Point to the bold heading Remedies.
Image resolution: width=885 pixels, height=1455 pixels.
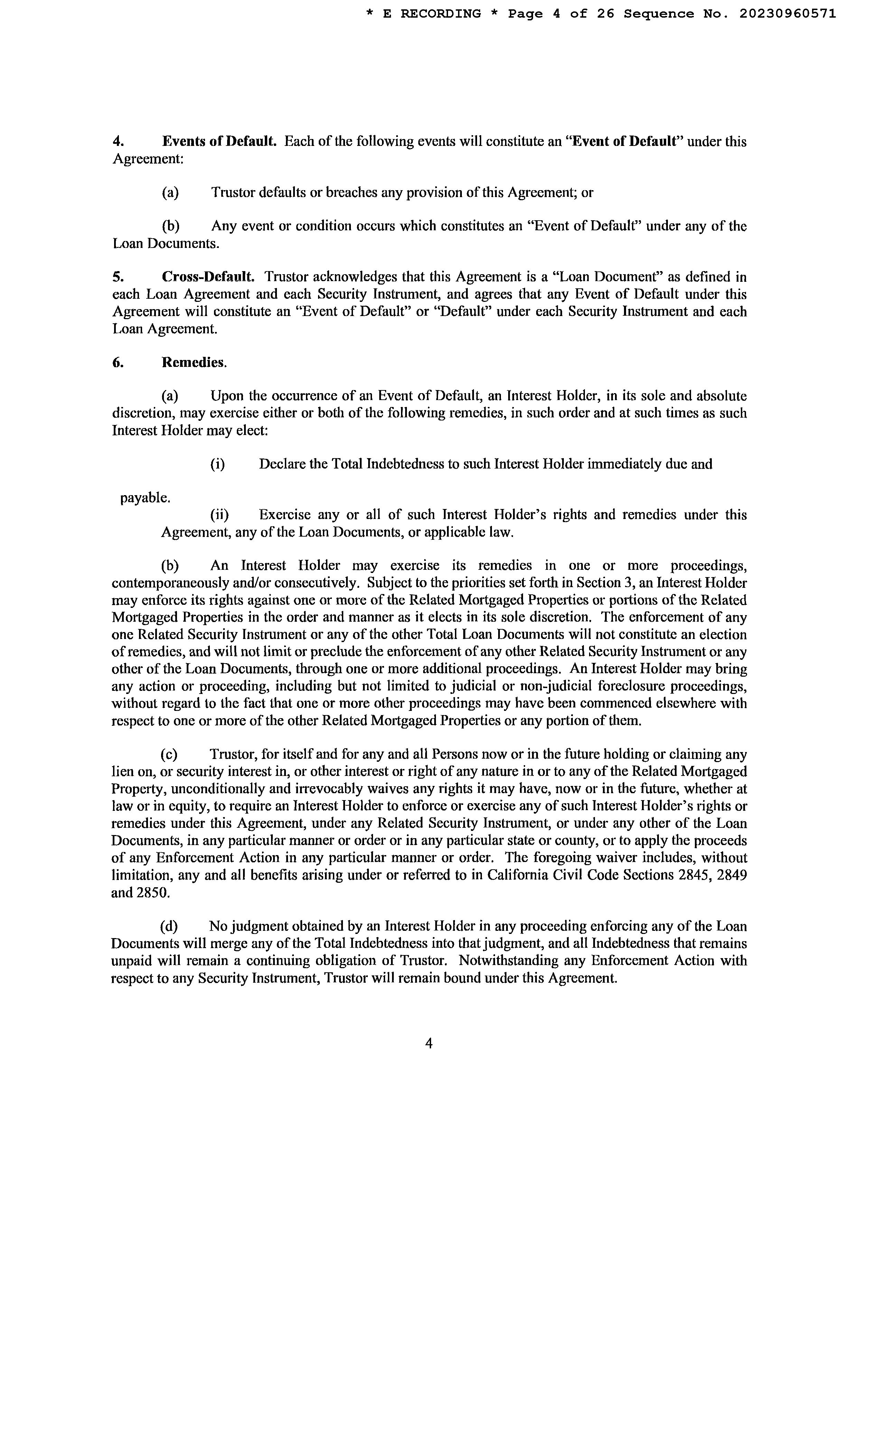coord(194,362)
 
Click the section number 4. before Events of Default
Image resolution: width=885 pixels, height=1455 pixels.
coord(118,142)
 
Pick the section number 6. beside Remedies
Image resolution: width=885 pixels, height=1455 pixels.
coord(118,362)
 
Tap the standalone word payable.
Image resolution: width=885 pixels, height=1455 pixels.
coord(145,498)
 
